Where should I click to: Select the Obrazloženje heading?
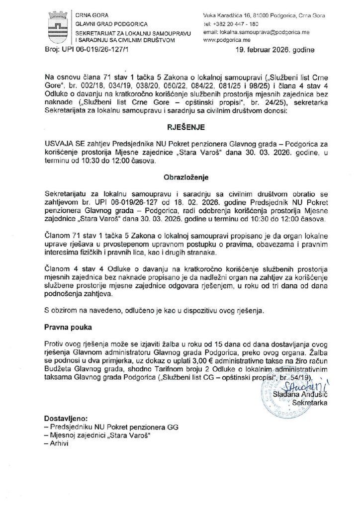click(x=180, y=176)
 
